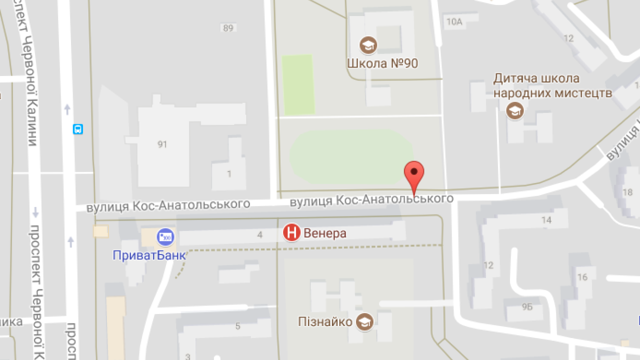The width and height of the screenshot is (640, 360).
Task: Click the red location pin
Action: [x=414, y=173]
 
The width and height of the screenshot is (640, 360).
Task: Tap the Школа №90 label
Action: [x=382, y=63]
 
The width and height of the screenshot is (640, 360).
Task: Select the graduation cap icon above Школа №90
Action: [x=368, y=45]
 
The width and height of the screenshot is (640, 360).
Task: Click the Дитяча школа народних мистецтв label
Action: [x=552, y=86]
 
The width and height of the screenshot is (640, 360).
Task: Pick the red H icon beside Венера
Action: [x=291, y=232]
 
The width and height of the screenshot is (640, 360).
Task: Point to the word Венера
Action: [x=325, y=233]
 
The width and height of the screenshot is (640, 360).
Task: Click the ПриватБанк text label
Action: [x=149, y=255]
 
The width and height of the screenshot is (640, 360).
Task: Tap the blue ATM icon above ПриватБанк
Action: [x=165, y=236]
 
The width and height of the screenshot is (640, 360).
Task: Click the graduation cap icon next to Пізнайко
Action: [x=365, y=321]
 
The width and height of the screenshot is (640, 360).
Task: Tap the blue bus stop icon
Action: [x=78, y=129]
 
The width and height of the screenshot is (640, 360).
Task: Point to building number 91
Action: [x=162, y=144]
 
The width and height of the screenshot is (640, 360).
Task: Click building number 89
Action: [x=228, y=28]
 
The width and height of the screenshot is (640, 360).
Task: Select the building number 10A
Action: [x=454, y=21]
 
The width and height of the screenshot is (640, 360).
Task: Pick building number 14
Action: [x=546, y=220]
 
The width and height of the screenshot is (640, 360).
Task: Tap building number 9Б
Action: [x=527, y=307]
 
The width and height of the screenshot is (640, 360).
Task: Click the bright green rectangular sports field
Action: [x=298, y=84]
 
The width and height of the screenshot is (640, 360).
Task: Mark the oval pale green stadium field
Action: [x=351, y=156]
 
